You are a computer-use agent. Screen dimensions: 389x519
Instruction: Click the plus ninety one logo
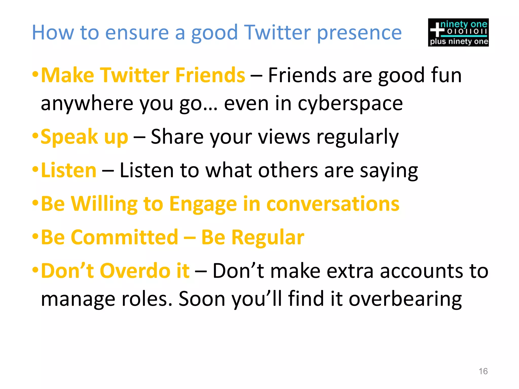(x=458, y=32)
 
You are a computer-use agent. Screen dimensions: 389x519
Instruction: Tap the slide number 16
(x=483, y=371)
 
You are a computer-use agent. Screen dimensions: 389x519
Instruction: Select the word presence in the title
(x=359, y=33)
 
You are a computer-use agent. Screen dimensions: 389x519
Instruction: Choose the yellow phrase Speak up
(x=84, y=137)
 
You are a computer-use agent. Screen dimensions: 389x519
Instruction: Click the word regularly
(x=358, y=137)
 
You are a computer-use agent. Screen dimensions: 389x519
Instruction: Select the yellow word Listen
(x=69, y=170)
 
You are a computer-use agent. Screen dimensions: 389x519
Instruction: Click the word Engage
(x=203, y=204)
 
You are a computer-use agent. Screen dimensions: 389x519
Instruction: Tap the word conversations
(x=333, y=204)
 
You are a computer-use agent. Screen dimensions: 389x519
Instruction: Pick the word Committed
(x=124, y=237)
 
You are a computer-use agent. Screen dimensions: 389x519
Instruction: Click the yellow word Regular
(x=268, y=238)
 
